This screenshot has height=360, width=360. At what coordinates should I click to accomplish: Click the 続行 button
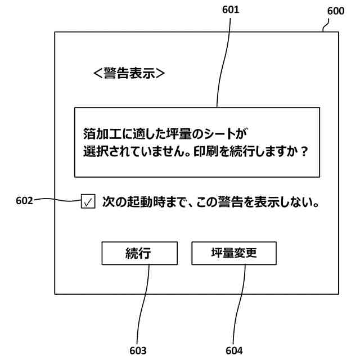pos(139,253)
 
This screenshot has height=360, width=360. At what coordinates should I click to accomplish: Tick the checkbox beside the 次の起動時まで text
pos(88,202)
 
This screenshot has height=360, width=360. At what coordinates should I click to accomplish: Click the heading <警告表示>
pos(129,73)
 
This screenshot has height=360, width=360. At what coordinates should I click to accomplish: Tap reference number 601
pos(231,10)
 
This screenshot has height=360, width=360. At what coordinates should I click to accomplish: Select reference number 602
pos(25,199)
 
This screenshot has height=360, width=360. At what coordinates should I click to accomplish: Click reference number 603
pos(138,350)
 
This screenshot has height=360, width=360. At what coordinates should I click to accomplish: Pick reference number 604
pos(234,350)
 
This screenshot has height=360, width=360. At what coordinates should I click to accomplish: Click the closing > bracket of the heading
pos(160,73)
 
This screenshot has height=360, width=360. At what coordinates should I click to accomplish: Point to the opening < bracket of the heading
pos(97,73)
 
